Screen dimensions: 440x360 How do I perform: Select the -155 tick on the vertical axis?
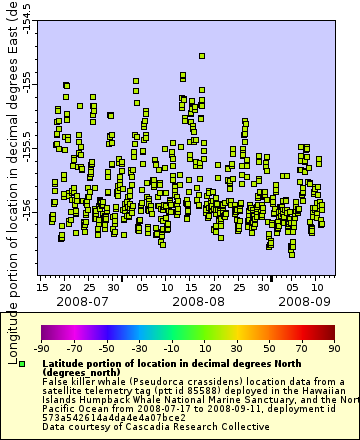pyautogui.click(x=27, y=80)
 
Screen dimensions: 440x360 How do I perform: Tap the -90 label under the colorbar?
pyautogui.click(x=42, y=348)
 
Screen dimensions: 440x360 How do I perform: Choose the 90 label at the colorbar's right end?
pyautogui.click(x=332, y=348)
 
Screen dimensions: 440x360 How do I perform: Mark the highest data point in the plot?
pyautogui.click(x=202, y=56)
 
